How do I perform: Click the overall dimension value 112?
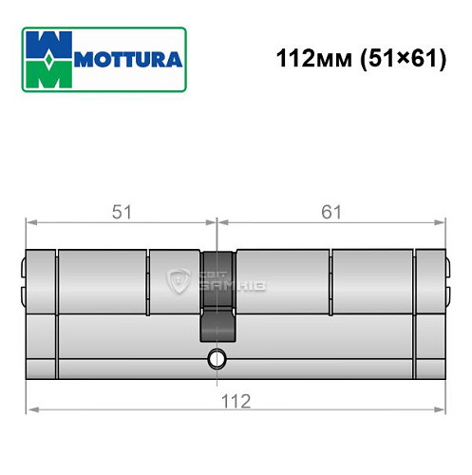(236, 400)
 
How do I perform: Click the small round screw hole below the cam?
(218, 358)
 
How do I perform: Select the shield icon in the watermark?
(177, 281)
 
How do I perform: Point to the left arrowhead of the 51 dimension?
(28, 224)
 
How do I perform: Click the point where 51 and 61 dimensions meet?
(218, 224)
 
